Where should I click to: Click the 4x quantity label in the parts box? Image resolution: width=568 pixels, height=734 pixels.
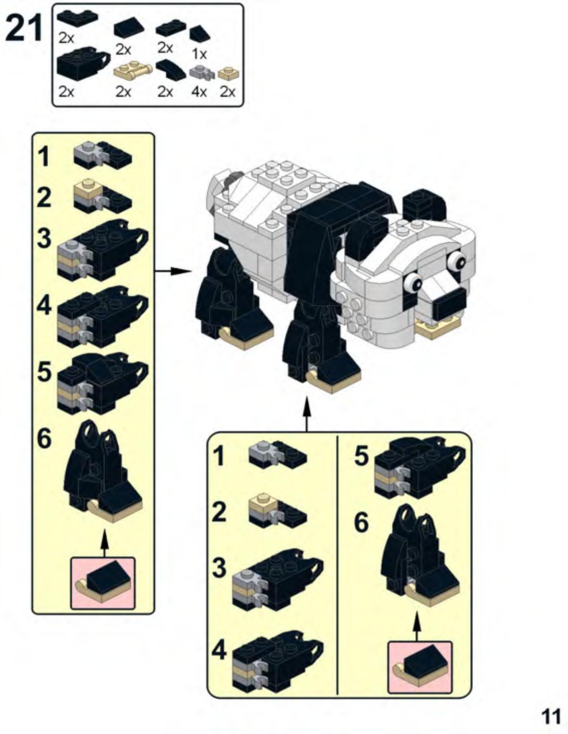point(199,92)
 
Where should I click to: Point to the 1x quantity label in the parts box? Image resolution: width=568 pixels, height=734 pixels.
point(200,54)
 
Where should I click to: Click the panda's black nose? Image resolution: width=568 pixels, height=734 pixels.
point(451,304)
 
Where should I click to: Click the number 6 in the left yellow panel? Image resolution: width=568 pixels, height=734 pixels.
point(44,439)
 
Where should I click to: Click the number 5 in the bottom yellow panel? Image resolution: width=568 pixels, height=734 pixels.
point(361,456)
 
